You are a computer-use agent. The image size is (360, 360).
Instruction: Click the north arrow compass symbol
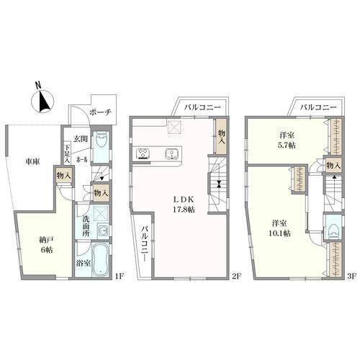(44, 100)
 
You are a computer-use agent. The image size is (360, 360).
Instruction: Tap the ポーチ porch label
(101, 112)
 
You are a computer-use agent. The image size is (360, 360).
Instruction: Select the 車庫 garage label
(32, 162)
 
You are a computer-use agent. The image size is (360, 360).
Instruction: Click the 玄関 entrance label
(81, 139)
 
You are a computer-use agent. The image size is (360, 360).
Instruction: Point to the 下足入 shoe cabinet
(67, 153)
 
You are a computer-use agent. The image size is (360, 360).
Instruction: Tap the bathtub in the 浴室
(101, 260)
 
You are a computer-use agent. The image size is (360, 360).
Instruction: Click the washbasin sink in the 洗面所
(103, 231)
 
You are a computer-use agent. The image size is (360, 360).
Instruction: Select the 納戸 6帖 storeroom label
(46, 244)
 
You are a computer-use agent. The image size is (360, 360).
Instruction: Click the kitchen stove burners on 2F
(143, 153)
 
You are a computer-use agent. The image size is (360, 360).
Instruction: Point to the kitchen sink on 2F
(171, 153)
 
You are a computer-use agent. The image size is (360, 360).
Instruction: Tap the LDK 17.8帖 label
(184, 204)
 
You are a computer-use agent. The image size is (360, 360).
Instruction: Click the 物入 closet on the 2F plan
(221, 136)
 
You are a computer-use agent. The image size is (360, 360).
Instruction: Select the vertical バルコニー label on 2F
(144, 243)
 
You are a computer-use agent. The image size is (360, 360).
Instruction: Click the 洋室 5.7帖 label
(287, 140)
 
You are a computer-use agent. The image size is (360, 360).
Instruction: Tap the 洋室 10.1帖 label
(280, 228)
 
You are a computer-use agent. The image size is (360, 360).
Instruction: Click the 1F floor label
(119, 276)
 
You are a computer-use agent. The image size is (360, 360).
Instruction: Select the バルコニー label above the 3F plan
(318, 107)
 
